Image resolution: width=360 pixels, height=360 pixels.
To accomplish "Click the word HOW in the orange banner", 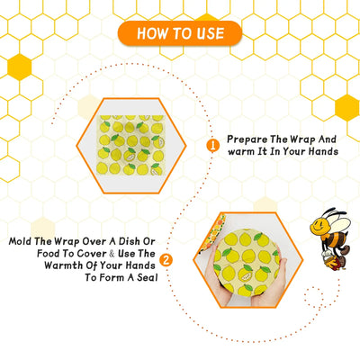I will [x=151, y=33].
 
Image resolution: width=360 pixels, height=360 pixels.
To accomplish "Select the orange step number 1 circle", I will [x=213, y=145].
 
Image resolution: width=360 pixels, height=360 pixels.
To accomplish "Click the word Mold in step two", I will [x=25, y=241].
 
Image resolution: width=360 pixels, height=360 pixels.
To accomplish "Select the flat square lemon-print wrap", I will [x=130, y=144].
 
